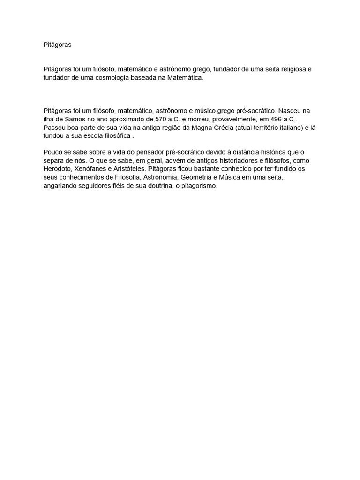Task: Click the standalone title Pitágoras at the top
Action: click(x=58, y=45)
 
